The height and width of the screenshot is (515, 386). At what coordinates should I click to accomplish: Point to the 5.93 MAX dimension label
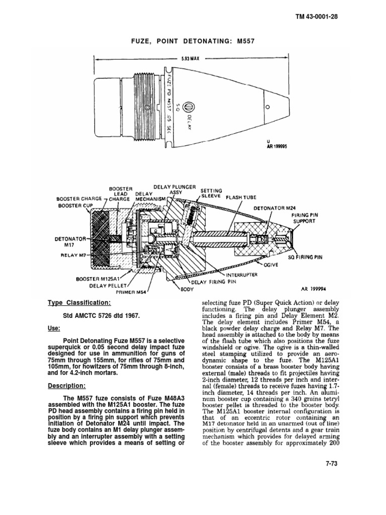point(190,58)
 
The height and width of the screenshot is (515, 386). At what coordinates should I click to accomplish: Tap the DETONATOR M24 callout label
point(274,207)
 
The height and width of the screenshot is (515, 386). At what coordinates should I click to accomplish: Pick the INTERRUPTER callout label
point(241,275)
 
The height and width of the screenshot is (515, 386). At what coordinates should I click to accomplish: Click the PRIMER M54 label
point(130,292)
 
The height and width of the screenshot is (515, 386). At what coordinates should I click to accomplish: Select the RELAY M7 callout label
point(74,255)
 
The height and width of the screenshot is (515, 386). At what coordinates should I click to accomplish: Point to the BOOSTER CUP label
point(75,205)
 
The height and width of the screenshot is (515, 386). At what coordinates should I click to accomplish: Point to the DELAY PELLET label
point(107,285)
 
